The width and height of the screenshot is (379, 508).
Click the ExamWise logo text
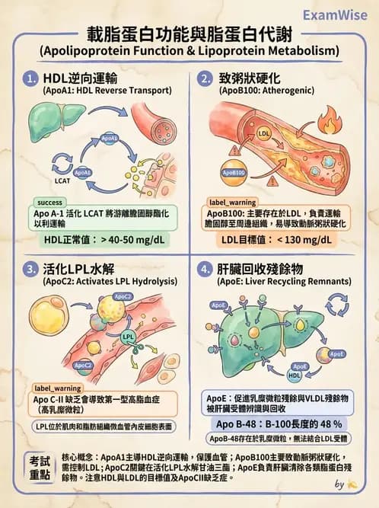[339, 14]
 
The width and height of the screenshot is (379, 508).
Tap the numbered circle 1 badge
[31, 78]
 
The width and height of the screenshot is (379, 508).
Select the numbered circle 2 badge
[205, 78]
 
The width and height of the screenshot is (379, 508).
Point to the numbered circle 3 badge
[31, 269]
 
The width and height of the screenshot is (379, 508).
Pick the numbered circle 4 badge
[205, 269]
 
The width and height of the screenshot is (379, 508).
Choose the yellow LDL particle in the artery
[264, 134]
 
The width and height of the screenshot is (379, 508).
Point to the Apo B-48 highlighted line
[278, 423]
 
